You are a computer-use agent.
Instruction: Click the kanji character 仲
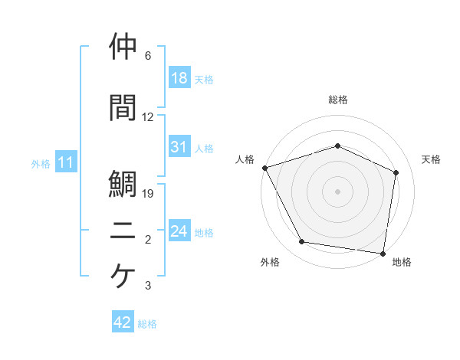coord(124,47)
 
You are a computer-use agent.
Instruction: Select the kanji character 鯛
coord(124,184)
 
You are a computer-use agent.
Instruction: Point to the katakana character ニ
coord(124,231)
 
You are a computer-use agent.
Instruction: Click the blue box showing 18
coord(179,79)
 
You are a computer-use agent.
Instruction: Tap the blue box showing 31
coord(179,148)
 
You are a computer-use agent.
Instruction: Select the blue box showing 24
coord(179,232)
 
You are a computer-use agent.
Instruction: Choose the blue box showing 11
coord(67,163)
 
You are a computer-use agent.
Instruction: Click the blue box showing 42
coord(123,323)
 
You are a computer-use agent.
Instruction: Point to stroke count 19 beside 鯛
coord(149,194)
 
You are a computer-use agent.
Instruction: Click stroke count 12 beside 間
coord(148,117)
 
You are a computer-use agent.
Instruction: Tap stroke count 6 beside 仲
coord(148,56)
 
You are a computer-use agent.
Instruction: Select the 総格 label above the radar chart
coord(338,100)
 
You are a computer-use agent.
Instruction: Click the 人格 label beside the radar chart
coord(245,159)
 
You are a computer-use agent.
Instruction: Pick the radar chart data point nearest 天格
coord(396,172)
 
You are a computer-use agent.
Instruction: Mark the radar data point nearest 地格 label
coord(383,253)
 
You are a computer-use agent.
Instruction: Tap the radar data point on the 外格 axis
coord(302,242)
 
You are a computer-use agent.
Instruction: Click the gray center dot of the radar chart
coord(337,191)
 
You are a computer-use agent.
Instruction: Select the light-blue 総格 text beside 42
coord(147,324)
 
